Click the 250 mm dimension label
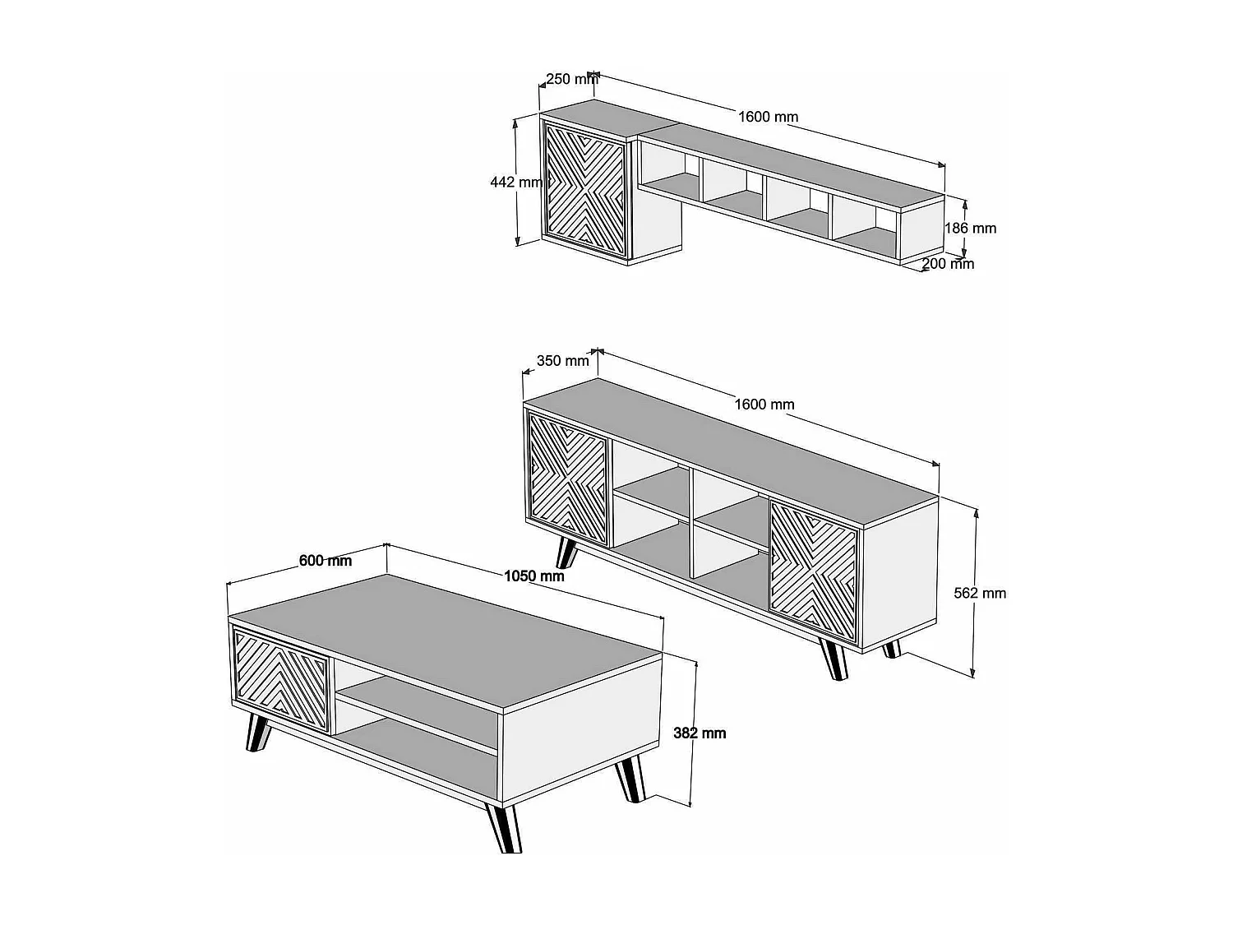pos(572,79)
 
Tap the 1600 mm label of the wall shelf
pos(768,117)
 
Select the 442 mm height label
pos(516,182)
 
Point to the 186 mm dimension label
pos(970,228)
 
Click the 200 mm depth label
pos(948,263)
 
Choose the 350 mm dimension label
pos(563,361)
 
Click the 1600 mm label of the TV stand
pos(764,405)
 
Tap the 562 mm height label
pos(980,593)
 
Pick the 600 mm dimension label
pos(326,561)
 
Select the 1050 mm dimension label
pos(534,576)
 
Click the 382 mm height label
pos(700,733)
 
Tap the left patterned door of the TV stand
pos(568,479)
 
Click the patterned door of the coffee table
pos(281,680)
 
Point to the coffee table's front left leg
pos(257,733)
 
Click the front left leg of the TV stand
pos(566,553)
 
